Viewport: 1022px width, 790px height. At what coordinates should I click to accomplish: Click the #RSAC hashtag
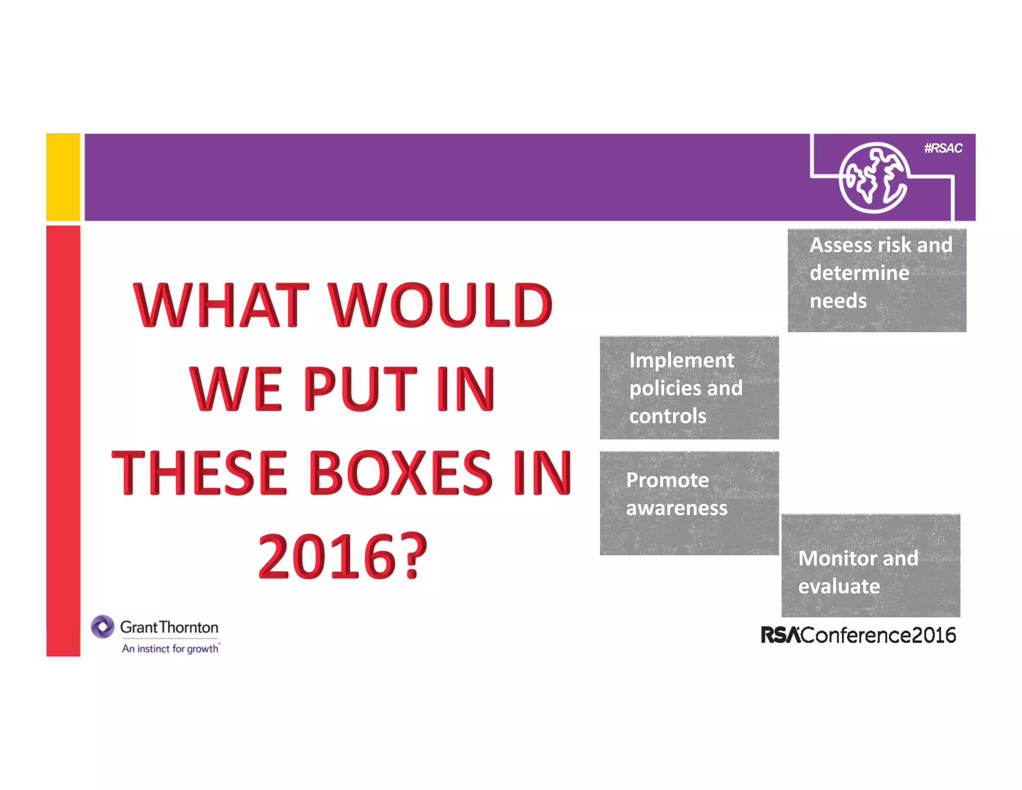tap(943, 148)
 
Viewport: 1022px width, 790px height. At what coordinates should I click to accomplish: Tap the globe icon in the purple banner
tap(873, 178)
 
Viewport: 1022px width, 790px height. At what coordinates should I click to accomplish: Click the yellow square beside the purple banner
tap(63, 177)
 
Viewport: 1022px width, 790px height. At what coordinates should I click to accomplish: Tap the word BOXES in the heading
tap(401, 472)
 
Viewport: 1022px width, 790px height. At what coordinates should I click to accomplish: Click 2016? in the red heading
tap(342, 556)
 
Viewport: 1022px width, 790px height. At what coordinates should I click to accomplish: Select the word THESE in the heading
tap(199, 472)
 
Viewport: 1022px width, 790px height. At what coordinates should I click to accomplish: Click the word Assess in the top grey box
tap(842, 245)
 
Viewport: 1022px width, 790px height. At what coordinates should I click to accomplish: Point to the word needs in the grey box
tap(838, 301)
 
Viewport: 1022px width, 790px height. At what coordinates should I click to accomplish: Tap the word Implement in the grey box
tap(681, 361)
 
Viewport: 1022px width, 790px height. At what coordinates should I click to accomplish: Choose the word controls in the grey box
tap(668, 416)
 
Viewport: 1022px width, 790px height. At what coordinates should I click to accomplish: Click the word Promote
tap(667, 480)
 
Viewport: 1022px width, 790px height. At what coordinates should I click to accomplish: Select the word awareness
tap(677, 508)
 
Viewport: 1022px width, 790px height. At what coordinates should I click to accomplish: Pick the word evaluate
tap(839, 586)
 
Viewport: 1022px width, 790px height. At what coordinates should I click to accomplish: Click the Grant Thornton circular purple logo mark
tap(103, 627)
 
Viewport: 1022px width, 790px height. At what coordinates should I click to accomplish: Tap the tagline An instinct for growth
tap(170, 649)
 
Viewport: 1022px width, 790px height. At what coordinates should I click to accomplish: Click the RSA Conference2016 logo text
tap(858, 635)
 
